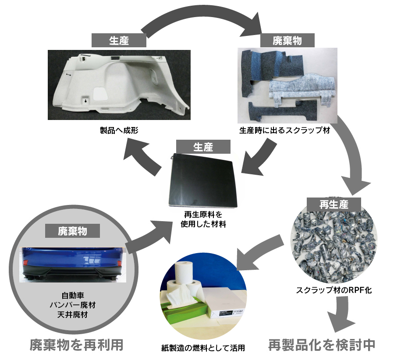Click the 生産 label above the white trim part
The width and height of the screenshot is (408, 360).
(x=118, y=40)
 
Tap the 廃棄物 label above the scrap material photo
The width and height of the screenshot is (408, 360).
(x=287, y=41)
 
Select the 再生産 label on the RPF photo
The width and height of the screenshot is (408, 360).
(x=333, y=204)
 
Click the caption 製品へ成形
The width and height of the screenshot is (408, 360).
(x=119, y=130)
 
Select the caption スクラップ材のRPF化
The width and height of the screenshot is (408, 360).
(x=333, y=289)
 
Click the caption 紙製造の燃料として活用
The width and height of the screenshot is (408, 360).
(x=203, y=349)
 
